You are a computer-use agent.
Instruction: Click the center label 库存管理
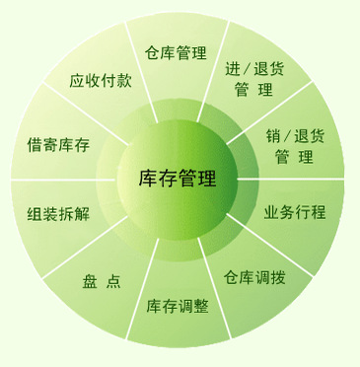[179, 179]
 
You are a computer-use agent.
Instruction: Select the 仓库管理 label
[178, 52]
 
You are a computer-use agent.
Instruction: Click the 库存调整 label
[178, 305]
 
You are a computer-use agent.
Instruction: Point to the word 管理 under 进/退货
[253, 90]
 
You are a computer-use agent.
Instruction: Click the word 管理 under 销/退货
[294, 156]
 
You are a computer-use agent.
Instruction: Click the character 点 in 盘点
[114, 281]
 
